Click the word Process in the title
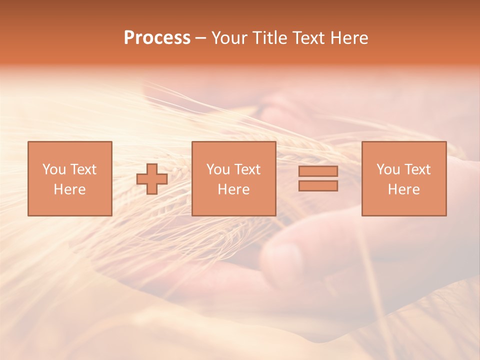[x=157, y=38]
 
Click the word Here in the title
[x=350, y=38]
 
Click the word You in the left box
[x=54, y=169]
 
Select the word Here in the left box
[x=69, y=189]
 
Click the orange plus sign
[x=152, y=178]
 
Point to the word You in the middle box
[x=218, y=169]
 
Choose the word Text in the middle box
[x=247, y=169]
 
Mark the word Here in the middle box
[x=233, y=189]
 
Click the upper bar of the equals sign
[x=318, y=171]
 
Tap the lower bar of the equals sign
[x=318, y=186]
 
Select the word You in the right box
[x=388, y=169]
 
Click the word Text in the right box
[x=417, y=169]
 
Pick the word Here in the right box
[x=403, y=189]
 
